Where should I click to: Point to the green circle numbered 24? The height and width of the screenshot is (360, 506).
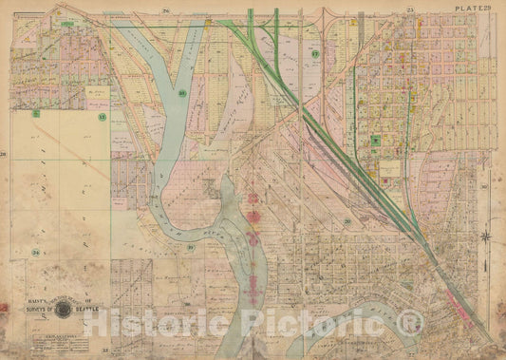tap(34, 252)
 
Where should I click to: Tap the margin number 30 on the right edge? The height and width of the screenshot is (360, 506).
tap(484, 186)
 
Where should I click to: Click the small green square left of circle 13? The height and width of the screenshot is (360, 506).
tap(35, 113)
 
